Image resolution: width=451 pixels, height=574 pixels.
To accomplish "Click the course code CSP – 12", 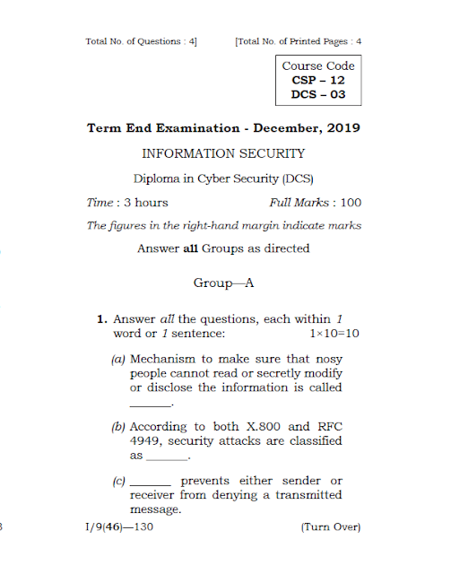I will click(x=318, y=80).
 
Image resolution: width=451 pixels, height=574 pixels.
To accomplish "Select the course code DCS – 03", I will click(x=318, y=94).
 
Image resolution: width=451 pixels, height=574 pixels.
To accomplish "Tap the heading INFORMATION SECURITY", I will click(x=223, y=153).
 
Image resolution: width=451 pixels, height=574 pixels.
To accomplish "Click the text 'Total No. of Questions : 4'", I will click(x=141, y=41).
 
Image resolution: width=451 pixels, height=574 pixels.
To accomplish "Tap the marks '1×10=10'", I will click(x=334, y=334).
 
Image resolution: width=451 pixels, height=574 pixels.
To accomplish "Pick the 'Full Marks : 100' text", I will click(x=315, y=203).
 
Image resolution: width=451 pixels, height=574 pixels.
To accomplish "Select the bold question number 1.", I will click(x=102, y=319).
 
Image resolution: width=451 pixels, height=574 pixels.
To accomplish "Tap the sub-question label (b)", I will click(x=117, y=427).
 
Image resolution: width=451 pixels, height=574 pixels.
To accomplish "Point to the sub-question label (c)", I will click(x=117, y=482).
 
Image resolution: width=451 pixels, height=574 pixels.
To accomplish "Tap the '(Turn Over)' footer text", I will click(x=331, y=526).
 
